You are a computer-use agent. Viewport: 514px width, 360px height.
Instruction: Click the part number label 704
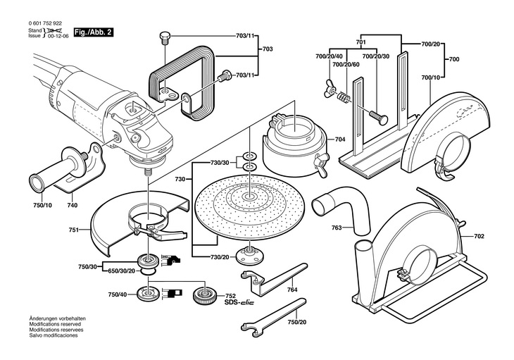point(340,140)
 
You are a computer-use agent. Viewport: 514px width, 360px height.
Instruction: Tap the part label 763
point(337,228)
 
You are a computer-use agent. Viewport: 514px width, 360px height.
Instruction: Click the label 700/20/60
point(346,64)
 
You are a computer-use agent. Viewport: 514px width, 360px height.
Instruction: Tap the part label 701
point(361,43)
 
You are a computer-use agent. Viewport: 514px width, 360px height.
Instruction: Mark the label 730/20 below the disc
point(219,258)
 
